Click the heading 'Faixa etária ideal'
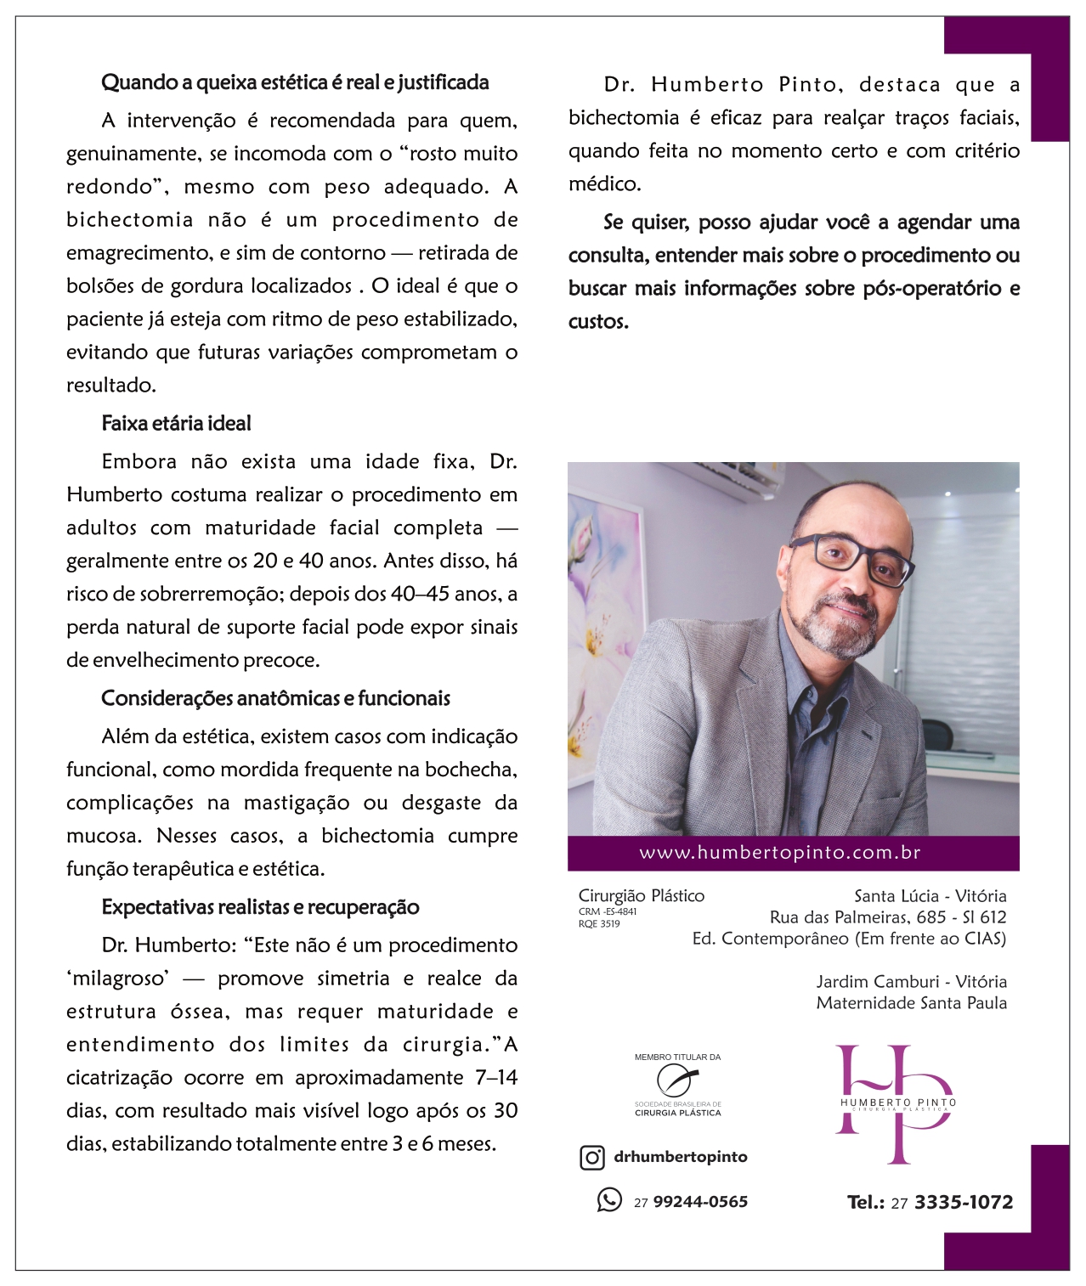[176, 423]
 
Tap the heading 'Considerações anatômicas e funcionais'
[275, 698]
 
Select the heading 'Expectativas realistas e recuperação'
[260, 907]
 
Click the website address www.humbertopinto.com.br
[779, 853]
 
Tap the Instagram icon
[591, 1157]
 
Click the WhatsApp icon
[609, 1200]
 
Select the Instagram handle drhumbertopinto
[680, 1157]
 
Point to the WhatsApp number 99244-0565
[700, 1202]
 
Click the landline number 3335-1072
[964, 1202]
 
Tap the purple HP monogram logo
[895, 1103]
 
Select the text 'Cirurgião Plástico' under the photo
[641, 896]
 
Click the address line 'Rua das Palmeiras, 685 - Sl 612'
[887, 917]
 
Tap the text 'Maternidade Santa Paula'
[911, 1003]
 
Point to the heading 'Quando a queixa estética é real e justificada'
[295, 82]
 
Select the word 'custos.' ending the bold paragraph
[598, 322]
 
